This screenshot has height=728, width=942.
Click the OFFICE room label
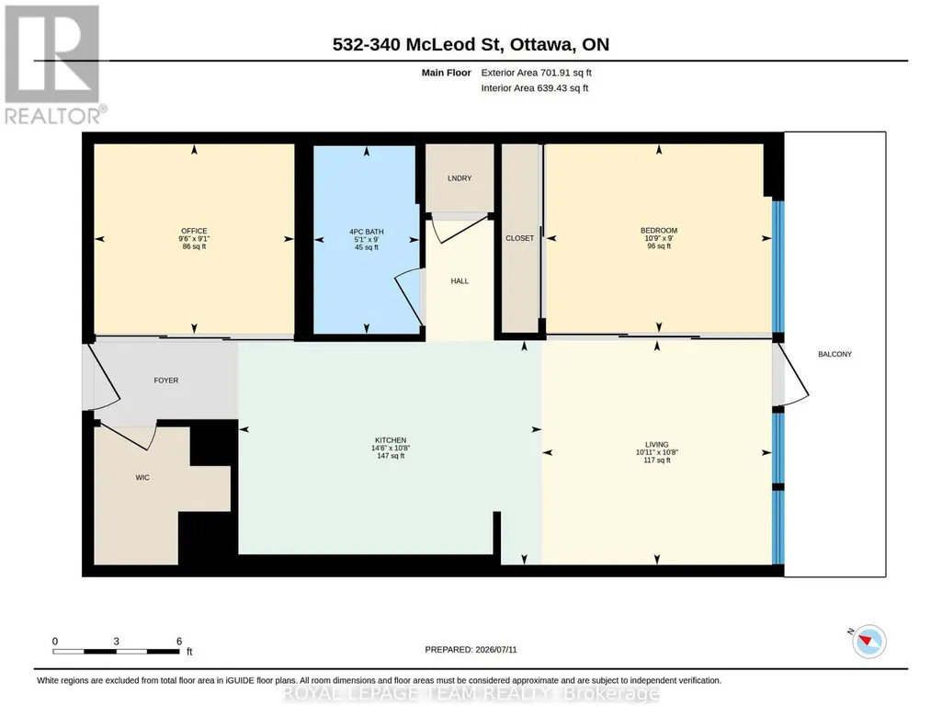click(194, 231)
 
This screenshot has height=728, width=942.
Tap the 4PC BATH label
click(367, 232)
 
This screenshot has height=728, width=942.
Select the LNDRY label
click(460, 178)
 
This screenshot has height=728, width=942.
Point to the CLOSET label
click(519, 238)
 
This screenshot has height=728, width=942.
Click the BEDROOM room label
click(659, 230)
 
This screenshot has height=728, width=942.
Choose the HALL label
click(460, 281)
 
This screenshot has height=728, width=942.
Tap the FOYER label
click(165, 381)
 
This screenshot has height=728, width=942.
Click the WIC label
click(142, 478)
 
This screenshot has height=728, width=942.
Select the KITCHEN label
click(391, 440)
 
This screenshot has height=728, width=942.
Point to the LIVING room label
click(656, 445)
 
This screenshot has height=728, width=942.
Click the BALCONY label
click(835, 355)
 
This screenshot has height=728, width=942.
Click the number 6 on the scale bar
click(179, 642)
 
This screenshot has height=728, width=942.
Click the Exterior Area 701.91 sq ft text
click(537, 73)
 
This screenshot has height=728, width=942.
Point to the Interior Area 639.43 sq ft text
click(535, 88)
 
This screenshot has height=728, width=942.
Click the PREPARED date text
click(471, 649)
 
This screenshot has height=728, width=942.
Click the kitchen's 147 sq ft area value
click(391, 456)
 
